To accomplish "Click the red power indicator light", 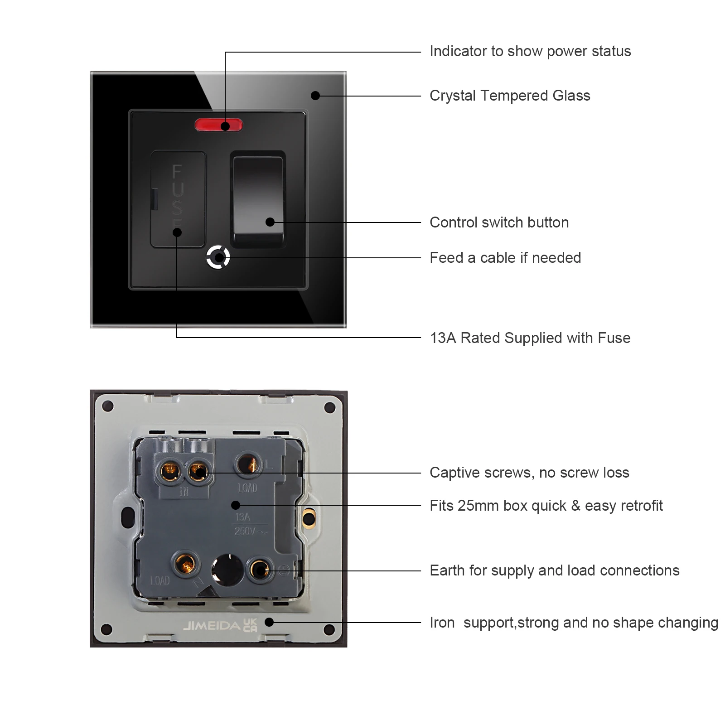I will (218, 125).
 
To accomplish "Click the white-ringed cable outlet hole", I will (218, 258).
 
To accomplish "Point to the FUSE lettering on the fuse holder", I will (177, 195).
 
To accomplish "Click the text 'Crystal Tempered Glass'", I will (509, 96).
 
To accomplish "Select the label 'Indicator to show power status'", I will (530, 51).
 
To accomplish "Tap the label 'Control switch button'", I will (499, 222).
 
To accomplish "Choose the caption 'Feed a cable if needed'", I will (505, 258).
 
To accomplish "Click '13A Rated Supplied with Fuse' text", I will (530, 338).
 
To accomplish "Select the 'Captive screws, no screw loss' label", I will (529, 473).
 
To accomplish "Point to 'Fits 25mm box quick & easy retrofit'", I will (546, 506).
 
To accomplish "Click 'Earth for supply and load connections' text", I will (554, 570).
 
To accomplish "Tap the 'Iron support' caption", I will (573, 623).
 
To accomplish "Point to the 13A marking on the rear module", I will (242, 517).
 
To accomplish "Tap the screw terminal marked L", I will (248, 464).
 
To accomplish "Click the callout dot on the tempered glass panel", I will (315, 96).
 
